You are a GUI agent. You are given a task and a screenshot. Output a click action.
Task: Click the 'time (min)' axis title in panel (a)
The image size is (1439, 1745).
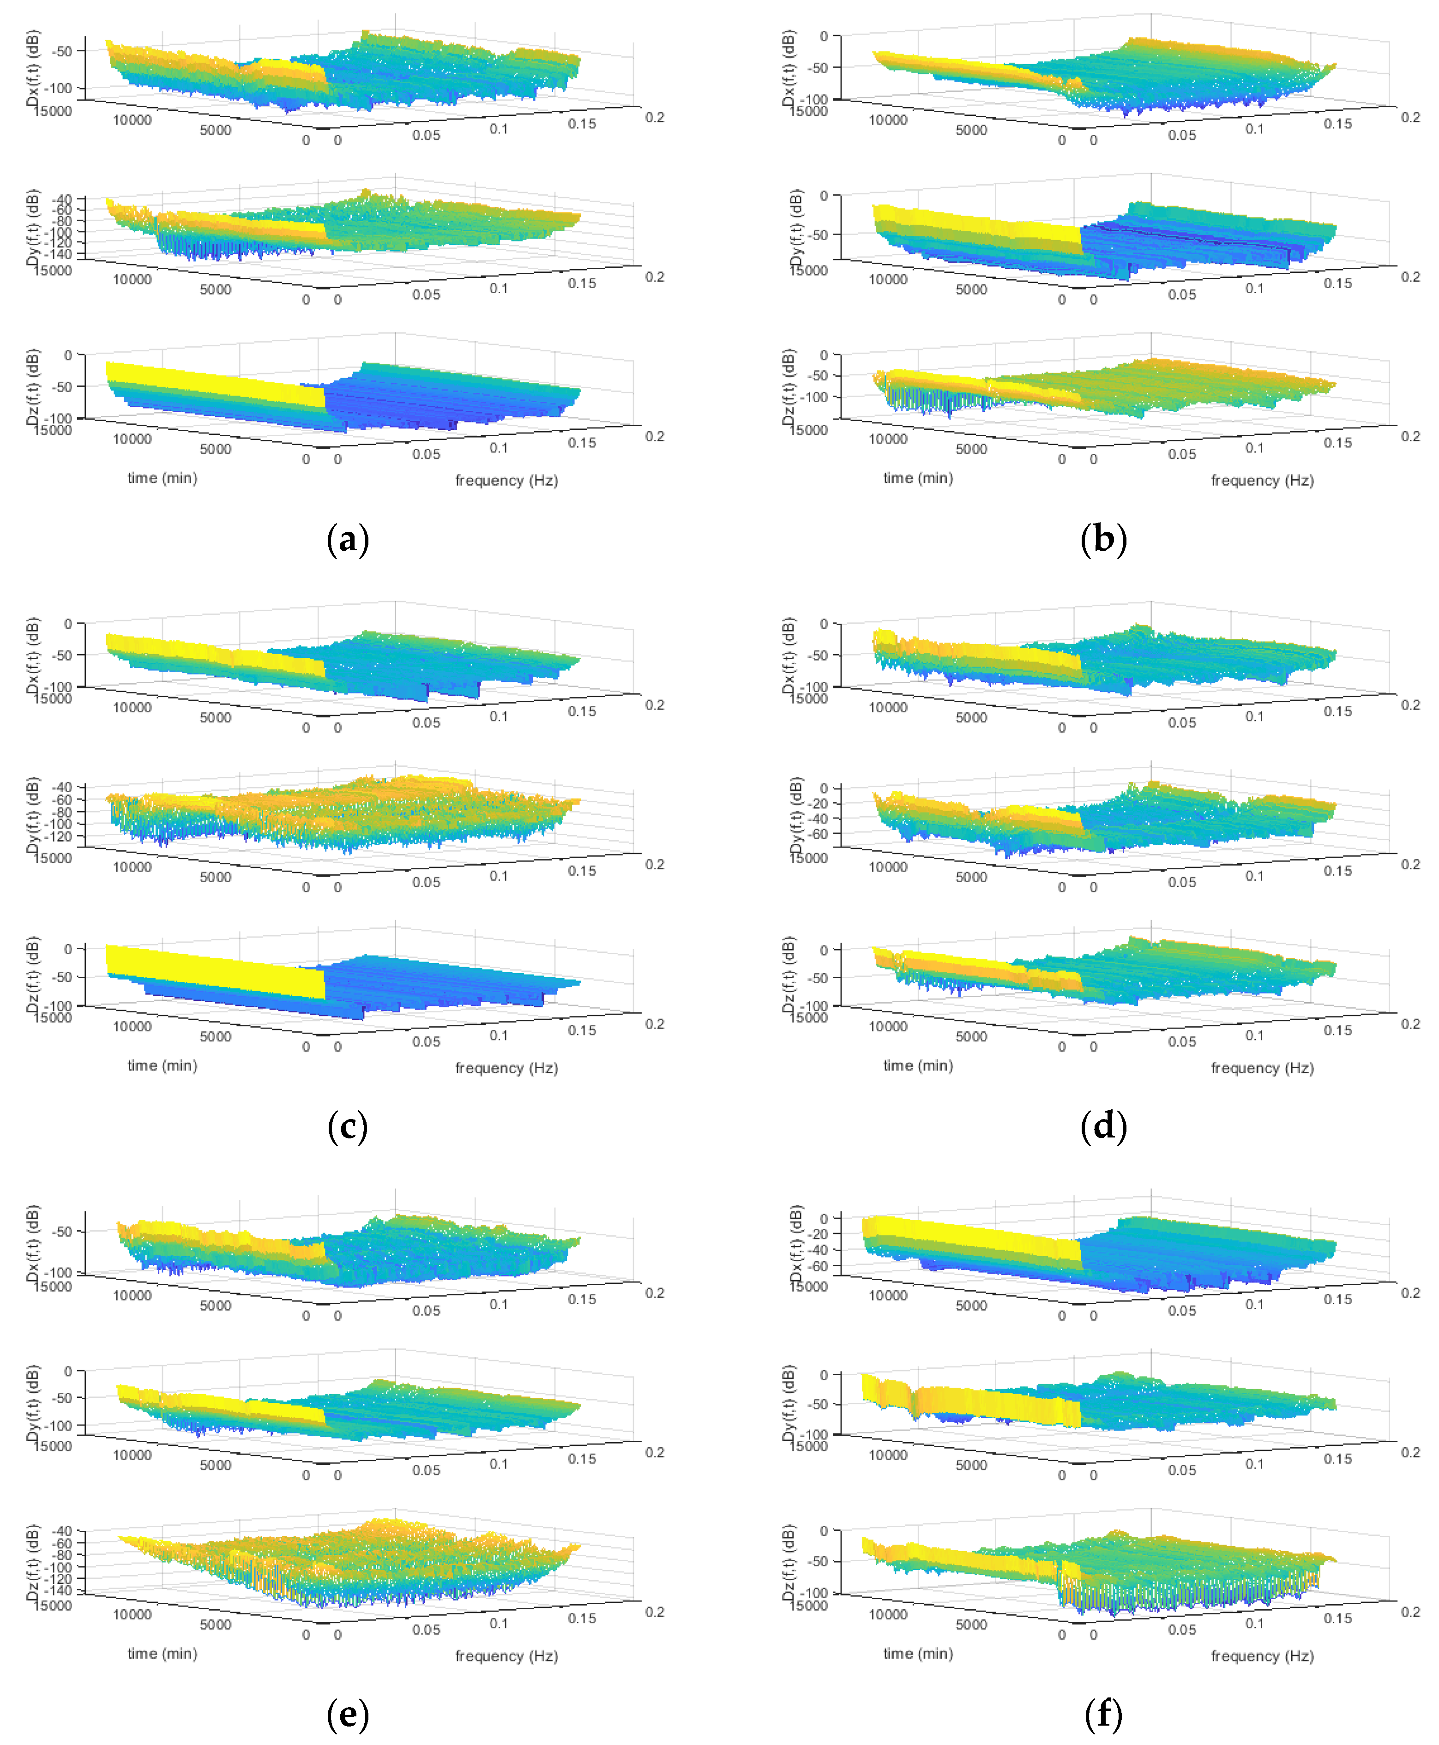click(x=163, y=478)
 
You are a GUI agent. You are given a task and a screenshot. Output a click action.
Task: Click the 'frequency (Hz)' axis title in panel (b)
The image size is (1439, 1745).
click(x=1262, y=481)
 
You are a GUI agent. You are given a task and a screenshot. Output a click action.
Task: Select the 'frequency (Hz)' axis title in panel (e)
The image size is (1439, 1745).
click(x=506, y=1655)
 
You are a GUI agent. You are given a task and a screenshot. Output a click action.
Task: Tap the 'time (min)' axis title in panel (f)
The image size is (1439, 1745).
click(x=918, y=1653)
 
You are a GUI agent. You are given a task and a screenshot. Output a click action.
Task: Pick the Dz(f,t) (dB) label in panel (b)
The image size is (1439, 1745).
click(x=789, y=387)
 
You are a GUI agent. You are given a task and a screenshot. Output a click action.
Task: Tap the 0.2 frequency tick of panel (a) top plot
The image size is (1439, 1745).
click(x=654, y=118)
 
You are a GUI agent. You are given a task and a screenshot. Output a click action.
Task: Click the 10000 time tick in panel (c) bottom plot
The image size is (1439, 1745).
click(x=132, y=1026)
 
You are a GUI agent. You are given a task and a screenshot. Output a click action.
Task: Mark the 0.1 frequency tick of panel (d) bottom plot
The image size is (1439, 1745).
click(x=1254, y=1035)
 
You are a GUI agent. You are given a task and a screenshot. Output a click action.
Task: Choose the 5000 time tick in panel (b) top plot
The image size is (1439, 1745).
click(x=971, y=130)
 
